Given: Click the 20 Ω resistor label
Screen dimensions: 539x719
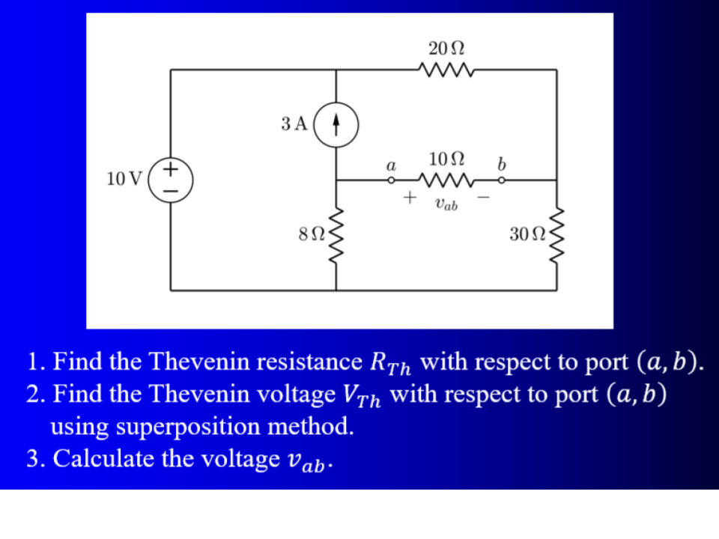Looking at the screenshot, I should (x=447, y=48).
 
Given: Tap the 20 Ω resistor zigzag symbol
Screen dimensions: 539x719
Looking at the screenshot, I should (x=447, y=70).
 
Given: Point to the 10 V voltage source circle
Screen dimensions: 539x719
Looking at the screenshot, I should (x=171, y=180).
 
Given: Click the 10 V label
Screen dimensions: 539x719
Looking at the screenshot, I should (x=124, y=180).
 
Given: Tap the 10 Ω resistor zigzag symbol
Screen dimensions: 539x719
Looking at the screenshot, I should (x=447, y=180).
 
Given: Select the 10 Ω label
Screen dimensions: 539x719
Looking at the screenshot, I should (x=447, y=159).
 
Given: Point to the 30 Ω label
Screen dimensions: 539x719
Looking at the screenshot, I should (x=527, y=234).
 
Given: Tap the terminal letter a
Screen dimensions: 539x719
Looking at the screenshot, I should (x=390, y=162).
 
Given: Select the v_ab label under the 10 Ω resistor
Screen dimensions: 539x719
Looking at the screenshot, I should (x=446, y=204).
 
